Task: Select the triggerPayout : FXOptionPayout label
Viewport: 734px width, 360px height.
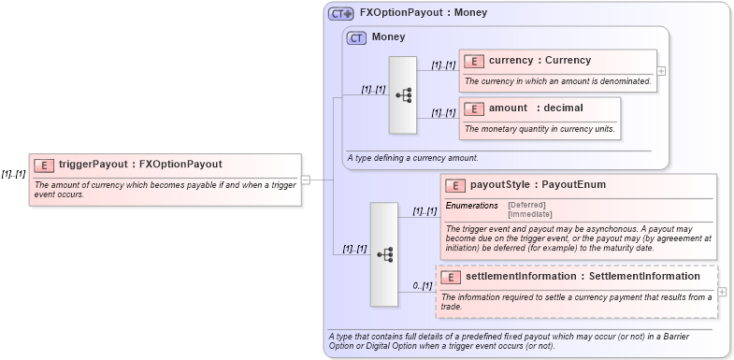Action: tap(140, 165)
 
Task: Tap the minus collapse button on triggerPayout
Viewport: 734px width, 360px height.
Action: tap(306, 180)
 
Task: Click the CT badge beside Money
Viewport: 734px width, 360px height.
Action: tap(356, 38)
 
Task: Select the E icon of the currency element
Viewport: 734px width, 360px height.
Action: tap(474, 61)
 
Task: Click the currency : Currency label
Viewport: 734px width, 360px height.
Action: tap(540, 61)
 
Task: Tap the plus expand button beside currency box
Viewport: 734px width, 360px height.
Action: tap(661, 70)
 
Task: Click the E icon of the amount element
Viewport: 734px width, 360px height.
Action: tap(474, 108)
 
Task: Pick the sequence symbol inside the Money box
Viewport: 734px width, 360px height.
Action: tap(403, 94)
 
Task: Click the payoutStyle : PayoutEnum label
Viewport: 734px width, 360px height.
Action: tap(538, 185)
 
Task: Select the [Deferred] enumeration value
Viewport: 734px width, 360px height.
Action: tap(526, 205)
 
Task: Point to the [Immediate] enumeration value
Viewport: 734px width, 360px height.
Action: tap(529, 214)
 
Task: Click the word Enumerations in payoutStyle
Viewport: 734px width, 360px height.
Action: tap(472, 205)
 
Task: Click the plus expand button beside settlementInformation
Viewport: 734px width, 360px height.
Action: tap(722, 292)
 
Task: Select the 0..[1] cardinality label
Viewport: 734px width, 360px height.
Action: tap(422, 286)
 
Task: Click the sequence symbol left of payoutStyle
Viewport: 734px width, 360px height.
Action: tap(384, 253)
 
